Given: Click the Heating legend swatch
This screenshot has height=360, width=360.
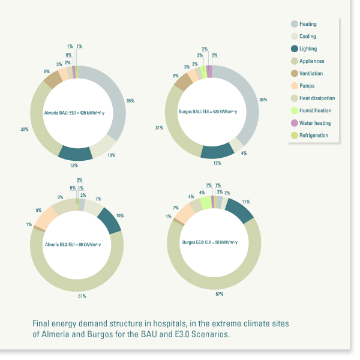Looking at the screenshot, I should click(x=295, y=24).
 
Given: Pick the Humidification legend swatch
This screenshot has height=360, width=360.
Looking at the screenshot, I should click(x=295, y=110).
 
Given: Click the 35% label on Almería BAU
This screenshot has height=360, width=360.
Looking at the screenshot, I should click(x=130, y=101).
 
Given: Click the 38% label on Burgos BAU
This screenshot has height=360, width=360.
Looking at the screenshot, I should click(x=263, y=100).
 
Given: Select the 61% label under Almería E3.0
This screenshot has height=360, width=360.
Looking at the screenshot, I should click(x=82, y=295).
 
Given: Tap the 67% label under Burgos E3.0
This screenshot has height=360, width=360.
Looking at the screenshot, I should click(x=220, y=294).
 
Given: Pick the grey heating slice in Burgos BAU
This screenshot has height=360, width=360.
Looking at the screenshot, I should click(x=246, y=108).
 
